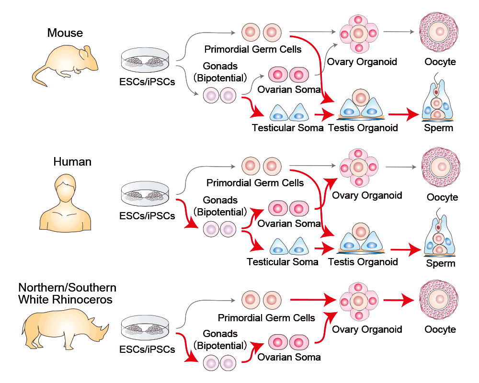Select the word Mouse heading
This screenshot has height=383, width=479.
coord(65,33)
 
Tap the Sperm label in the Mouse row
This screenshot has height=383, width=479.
coord(438,128)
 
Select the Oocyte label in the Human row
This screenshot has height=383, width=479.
coord(442,197)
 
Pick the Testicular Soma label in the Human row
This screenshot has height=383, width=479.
coord(283,262)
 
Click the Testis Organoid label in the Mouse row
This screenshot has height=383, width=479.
coord(363,128)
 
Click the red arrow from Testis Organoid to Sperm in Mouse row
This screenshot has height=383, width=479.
coord(405,114)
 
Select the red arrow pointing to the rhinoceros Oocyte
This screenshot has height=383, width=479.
coord(400,301)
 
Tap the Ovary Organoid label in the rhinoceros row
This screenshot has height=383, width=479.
coord(367,329)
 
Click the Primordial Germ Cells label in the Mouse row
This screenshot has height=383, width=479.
coord(253,49)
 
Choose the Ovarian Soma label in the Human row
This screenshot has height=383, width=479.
coord(289,224)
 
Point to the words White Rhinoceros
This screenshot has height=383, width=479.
coord(66,300)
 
